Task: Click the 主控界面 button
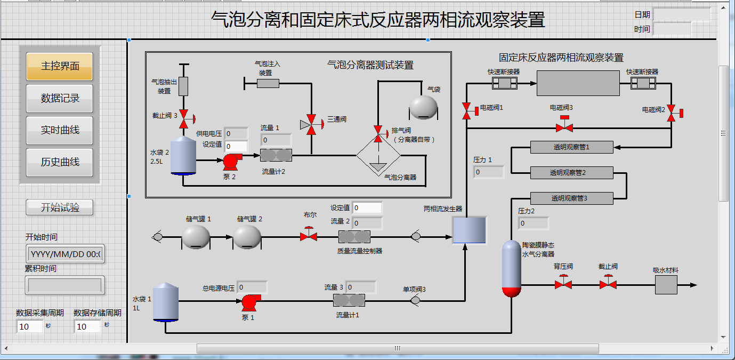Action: click(x=59, y=66)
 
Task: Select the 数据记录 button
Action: click(x=59, y=98)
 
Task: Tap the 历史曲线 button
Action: click(x=59, y=162)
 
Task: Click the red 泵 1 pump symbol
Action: click(x=248, y=302)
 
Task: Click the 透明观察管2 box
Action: click(x=571, y=173)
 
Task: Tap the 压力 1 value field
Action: click(x=488, y=172)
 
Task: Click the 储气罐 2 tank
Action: click(x=247, y=236)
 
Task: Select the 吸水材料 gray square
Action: click(x=666, y=285)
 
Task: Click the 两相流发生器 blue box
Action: click(x=469, y=230)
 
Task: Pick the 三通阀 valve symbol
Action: click(x=312, y=125)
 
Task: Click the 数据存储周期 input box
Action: click(x=87, y=326)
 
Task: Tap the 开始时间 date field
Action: click(x=65, y=254)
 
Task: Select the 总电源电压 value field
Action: click(x=252, y=287)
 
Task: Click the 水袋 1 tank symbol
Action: click(x=165, y=302)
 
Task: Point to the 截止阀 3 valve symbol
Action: click(x=184, y=118)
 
